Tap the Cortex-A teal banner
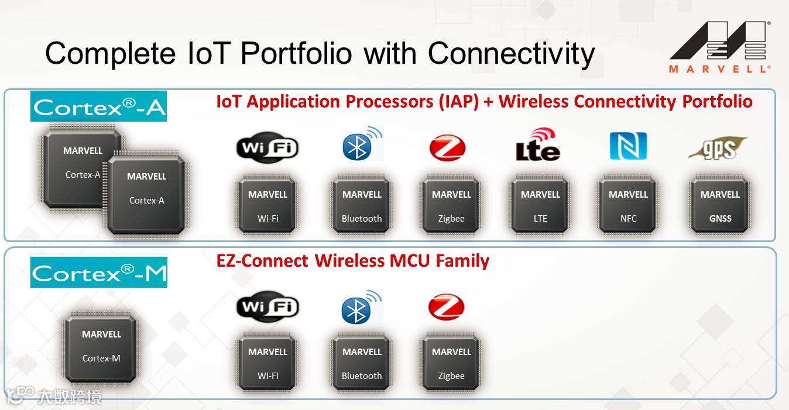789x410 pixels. click(98, 106)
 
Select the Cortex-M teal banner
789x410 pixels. click(99, 273)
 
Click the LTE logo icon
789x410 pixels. click(538, 144)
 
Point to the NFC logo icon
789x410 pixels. click(628, 146)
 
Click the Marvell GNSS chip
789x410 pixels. click(720, 206)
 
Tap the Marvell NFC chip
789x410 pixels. click(628, 206)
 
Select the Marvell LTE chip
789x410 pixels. click(540, 206)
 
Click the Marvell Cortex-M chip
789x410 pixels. click(101, 346)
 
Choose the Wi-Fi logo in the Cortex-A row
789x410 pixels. click(267, 147)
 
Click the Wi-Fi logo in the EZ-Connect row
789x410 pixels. click(267, 306)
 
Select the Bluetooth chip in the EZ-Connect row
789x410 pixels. click(362, 363)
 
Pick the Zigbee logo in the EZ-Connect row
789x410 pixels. click(447, 307)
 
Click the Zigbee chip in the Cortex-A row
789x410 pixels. click(451, 206)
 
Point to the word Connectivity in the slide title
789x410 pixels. click(511, 54)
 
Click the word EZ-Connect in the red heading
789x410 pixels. click(263, 260)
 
